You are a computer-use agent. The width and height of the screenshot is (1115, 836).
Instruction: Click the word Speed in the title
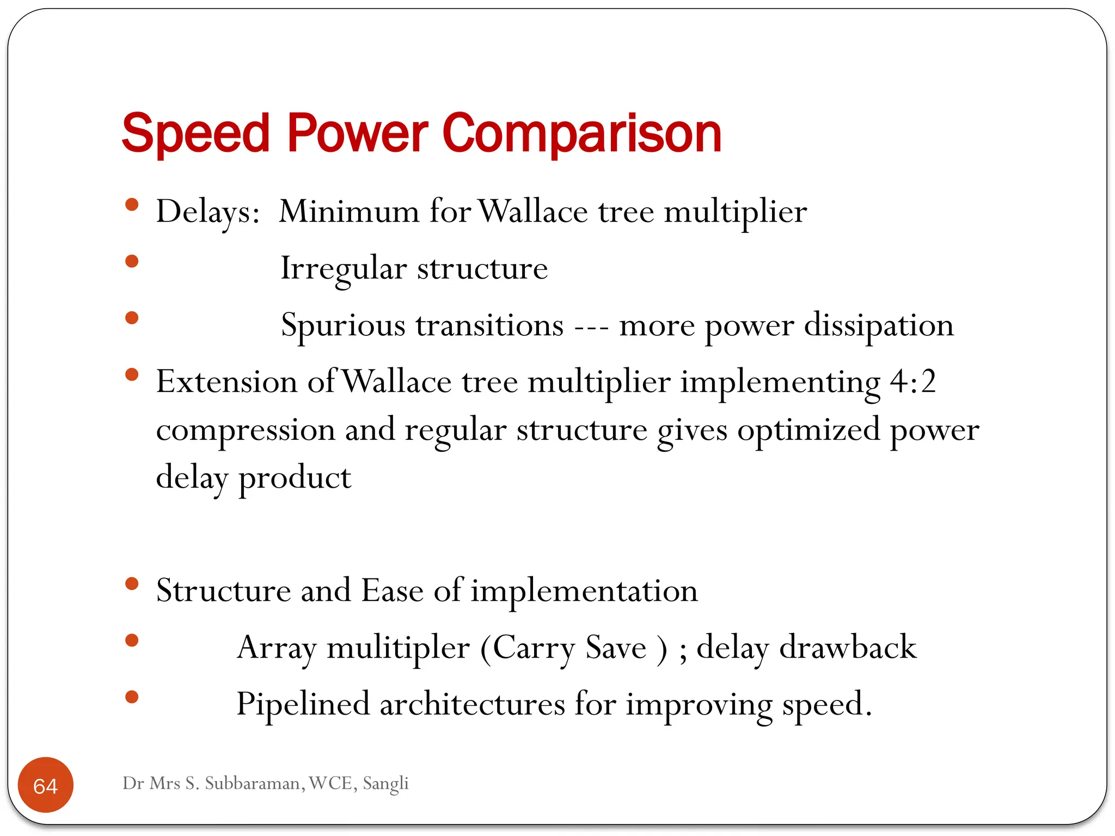(195, 134)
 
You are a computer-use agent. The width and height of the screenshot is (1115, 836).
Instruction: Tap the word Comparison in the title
(582, 134)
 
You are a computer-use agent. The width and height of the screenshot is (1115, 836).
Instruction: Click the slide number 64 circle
(46, 785)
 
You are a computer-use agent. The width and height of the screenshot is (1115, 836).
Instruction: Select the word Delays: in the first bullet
(208, 212)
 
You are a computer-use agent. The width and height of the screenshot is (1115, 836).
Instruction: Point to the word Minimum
(349, 211)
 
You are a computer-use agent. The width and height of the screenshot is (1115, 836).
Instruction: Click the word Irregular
(343, 269)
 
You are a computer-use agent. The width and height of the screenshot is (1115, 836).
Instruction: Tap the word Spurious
(343, 325)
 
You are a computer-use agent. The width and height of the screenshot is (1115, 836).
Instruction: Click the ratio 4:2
(913, 382)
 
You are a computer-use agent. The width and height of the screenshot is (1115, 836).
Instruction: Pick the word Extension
(226, 382)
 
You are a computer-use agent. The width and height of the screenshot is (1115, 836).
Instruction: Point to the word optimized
(808, 430)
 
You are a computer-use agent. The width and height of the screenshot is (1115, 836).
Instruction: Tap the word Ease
(392, 591)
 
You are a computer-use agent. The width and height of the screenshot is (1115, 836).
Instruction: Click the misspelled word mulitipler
(398, 648)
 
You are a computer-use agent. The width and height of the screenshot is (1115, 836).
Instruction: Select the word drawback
(848, 648)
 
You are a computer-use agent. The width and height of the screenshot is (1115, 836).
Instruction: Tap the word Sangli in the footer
(385, 783)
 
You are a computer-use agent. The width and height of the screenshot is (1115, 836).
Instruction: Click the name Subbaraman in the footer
(255, 783)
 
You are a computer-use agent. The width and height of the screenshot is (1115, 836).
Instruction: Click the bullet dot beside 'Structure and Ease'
(132, 584)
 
